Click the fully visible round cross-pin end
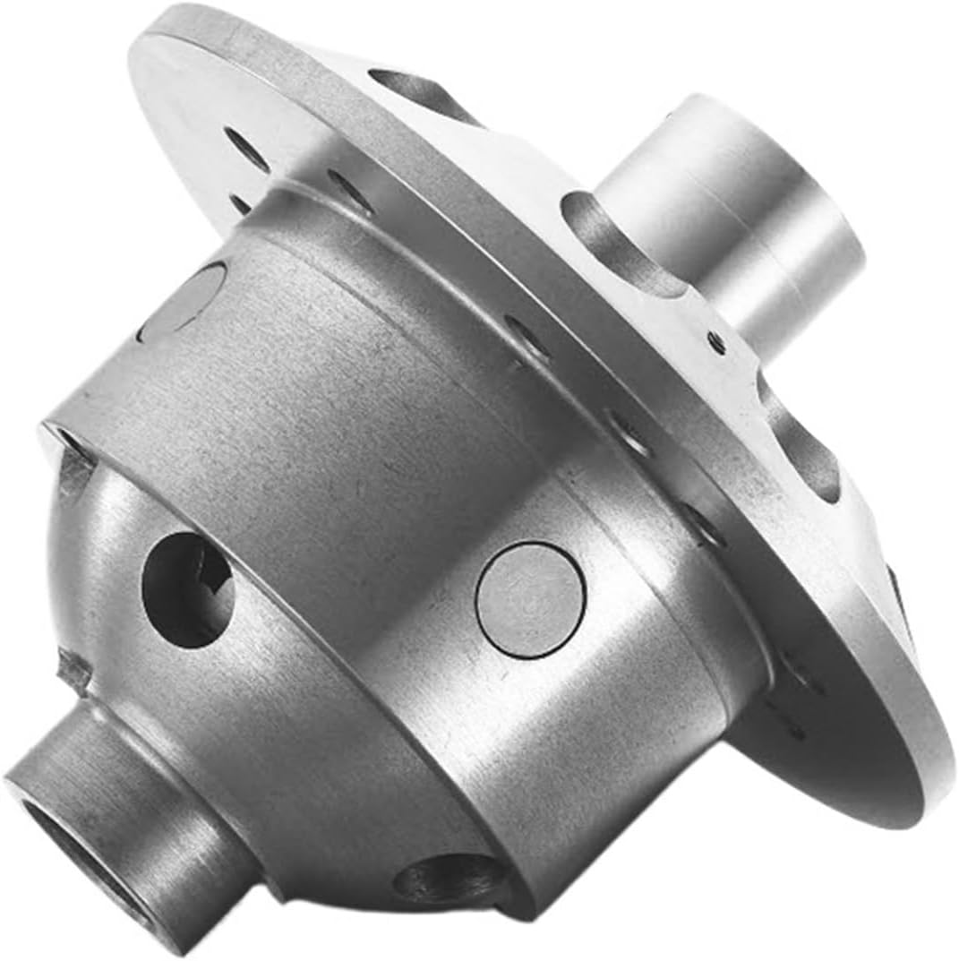[x=530, y=599]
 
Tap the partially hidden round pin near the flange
[x=184, y=301]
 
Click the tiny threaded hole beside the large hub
[x=715, y=341]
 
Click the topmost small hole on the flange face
[x=246, y=149]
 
